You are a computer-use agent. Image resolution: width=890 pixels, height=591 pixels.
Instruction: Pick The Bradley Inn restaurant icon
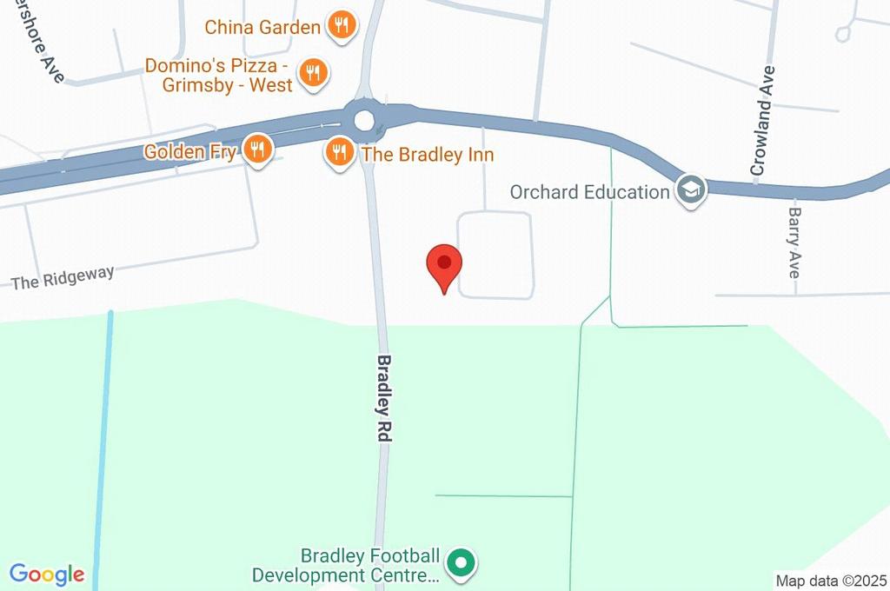pos(339,154)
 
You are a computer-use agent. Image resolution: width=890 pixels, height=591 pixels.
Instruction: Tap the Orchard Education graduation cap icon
pos(691,189)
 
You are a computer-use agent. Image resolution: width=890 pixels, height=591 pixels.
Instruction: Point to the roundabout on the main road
pos(363,119)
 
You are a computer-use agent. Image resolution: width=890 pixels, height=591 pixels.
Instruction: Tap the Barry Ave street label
pos(794,242)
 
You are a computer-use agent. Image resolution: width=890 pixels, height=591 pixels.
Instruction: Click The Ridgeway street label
pos(63,277)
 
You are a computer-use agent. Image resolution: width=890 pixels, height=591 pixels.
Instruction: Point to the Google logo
pos(47,574)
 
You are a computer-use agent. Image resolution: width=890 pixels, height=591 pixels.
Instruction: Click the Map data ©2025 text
pos(830,581)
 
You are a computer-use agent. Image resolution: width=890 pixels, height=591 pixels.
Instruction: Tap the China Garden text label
pos(262,27)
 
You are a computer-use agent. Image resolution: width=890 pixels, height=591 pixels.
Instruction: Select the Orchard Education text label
pos(588,191)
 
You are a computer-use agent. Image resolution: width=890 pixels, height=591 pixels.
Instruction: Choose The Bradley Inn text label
pos(427,155)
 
